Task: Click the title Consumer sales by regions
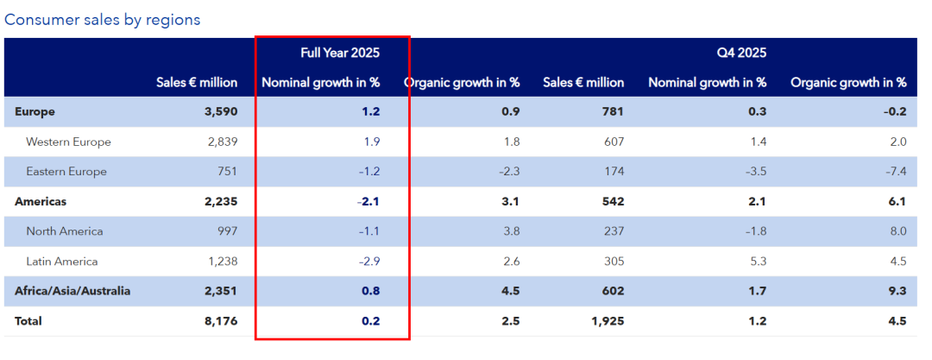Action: pyautogui.click(x=103, y=19)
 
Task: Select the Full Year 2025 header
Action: pyautogui.click(x=340, y=53)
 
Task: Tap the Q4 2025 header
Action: pyautogui.click(x=741, y=53)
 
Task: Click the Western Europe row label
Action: pyautogui.click(x=68, y=142)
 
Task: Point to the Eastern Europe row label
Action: pyautogui.click(x=66, y=171)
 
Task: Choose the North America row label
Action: pyautogui.click(x=65, y=231)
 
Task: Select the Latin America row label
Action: pyautogui.click(x=62, y=261)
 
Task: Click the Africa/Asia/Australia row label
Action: pyautogui.click(x=72, y=291)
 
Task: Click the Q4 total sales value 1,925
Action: pyautogui.click(x=606, y=321)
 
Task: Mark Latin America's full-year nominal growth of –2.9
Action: pyautogui.click(x=368, y=261)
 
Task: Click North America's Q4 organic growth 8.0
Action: pyautogui.click(x=896, y=231)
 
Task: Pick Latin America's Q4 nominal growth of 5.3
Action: pyautogui.click(x=756, y=261)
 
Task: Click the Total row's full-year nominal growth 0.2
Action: pyautogui.click(x=371, y=321)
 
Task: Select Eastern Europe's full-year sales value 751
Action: pyautogui.click(x=225, y=171)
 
